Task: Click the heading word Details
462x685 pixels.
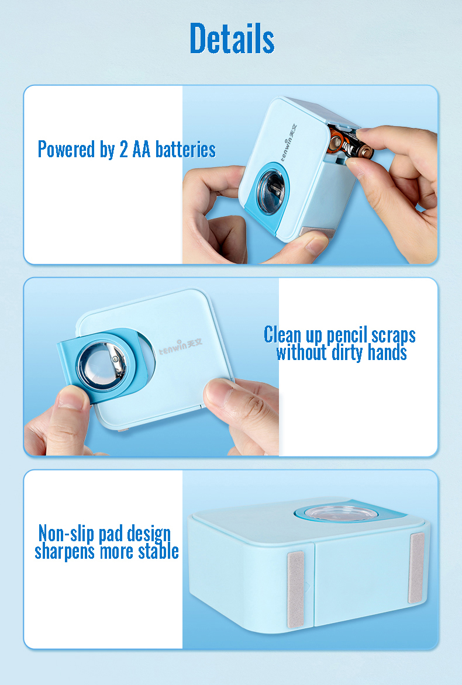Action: (232, 39)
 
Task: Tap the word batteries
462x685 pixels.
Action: (185, 150)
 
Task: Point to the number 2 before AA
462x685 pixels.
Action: (124, 150)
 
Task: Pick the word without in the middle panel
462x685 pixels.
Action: (301, 352)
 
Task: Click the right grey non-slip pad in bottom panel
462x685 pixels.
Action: (416, 568)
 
